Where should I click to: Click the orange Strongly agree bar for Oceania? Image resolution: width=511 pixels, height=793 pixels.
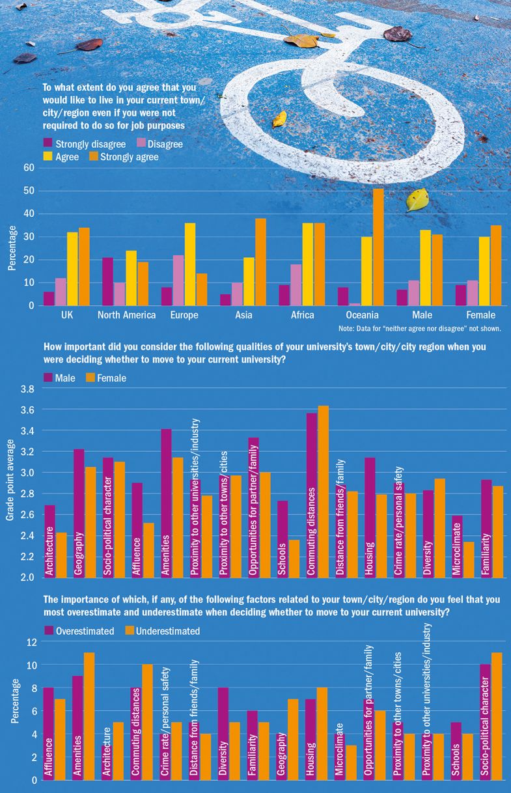pyautogui.click(x=378, y=247)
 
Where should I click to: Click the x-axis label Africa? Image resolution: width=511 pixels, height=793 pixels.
pyautogui.click(x=301, y=315)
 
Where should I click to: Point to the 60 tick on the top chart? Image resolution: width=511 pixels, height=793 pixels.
pyautogui.click(x=28, y=167)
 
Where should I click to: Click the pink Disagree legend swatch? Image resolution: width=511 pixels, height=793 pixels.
pyautogui.click(x=140, y=144)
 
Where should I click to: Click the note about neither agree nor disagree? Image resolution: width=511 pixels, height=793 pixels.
pyautogui.click(x=419, y=329)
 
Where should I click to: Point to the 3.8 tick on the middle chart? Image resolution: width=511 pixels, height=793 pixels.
pyautogui.click(x=27, y=389)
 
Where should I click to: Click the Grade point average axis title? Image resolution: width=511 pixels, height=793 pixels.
pyautogui.click(x=10, y=482)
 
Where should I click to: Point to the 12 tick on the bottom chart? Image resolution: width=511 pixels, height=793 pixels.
pyautogui.click(x=29, y=642)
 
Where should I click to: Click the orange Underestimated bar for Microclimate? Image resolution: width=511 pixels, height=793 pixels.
pyautogui.click(x=352, y=762)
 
